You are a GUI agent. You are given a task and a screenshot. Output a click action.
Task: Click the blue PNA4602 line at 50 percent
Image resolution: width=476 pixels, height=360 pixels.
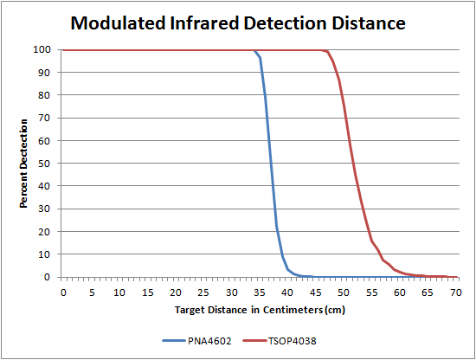tap(271, 164)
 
